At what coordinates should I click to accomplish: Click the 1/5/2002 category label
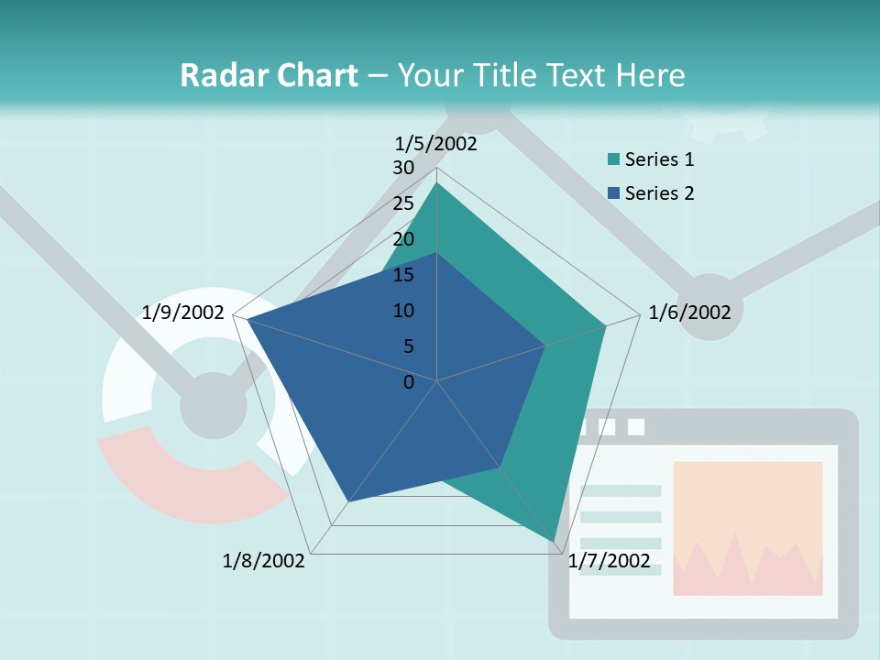pos(435,143)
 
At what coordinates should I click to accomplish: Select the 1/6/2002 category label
pos(689,313)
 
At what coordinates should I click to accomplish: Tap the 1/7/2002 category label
pos(609,561)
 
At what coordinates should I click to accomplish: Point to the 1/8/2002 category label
pos(263,561)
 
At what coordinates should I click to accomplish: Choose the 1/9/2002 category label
pos(183,313)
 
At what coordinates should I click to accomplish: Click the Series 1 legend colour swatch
pos(613,160)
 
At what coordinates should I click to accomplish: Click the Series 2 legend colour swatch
pos(613,193)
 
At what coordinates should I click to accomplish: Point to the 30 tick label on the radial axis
pos(403,169)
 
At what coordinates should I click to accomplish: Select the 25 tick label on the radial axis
pos(403,203)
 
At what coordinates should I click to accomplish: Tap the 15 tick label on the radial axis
pos(403,275)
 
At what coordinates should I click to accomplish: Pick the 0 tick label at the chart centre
pos(409,382)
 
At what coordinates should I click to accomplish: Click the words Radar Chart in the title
pos(269,75)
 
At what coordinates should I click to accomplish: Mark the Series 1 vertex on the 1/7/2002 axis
pos(555,541)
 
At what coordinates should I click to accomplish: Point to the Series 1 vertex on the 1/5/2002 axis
pos(437,183)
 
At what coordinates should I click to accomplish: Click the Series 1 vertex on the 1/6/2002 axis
pos(605,325)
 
